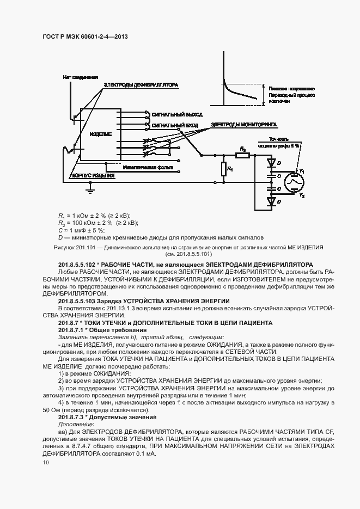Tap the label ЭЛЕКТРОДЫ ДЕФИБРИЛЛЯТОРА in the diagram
click(141, 85)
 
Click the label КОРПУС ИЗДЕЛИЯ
click(94, 175)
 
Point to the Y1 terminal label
click(302, 171)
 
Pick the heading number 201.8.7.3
click(75, 416)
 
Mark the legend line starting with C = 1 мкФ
click(84, 230)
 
